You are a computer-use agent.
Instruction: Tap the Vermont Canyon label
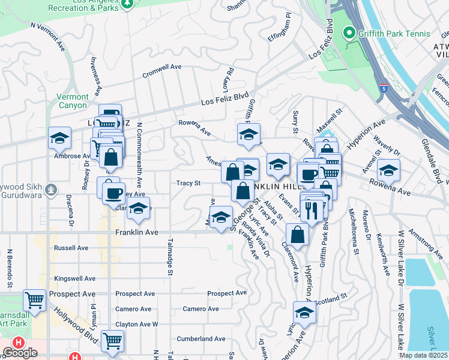point(72,101)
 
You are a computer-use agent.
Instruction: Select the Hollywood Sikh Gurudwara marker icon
point(52,190)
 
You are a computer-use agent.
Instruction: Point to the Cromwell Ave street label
point(161,71)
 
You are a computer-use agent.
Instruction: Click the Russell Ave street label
point(71,248)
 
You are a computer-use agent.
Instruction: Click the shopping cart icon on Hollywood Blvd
point(112,340)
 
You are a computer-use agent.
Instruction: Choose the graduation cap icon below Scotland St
point(304,313)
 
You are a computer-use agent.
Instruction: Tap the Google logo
point(20,353)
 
